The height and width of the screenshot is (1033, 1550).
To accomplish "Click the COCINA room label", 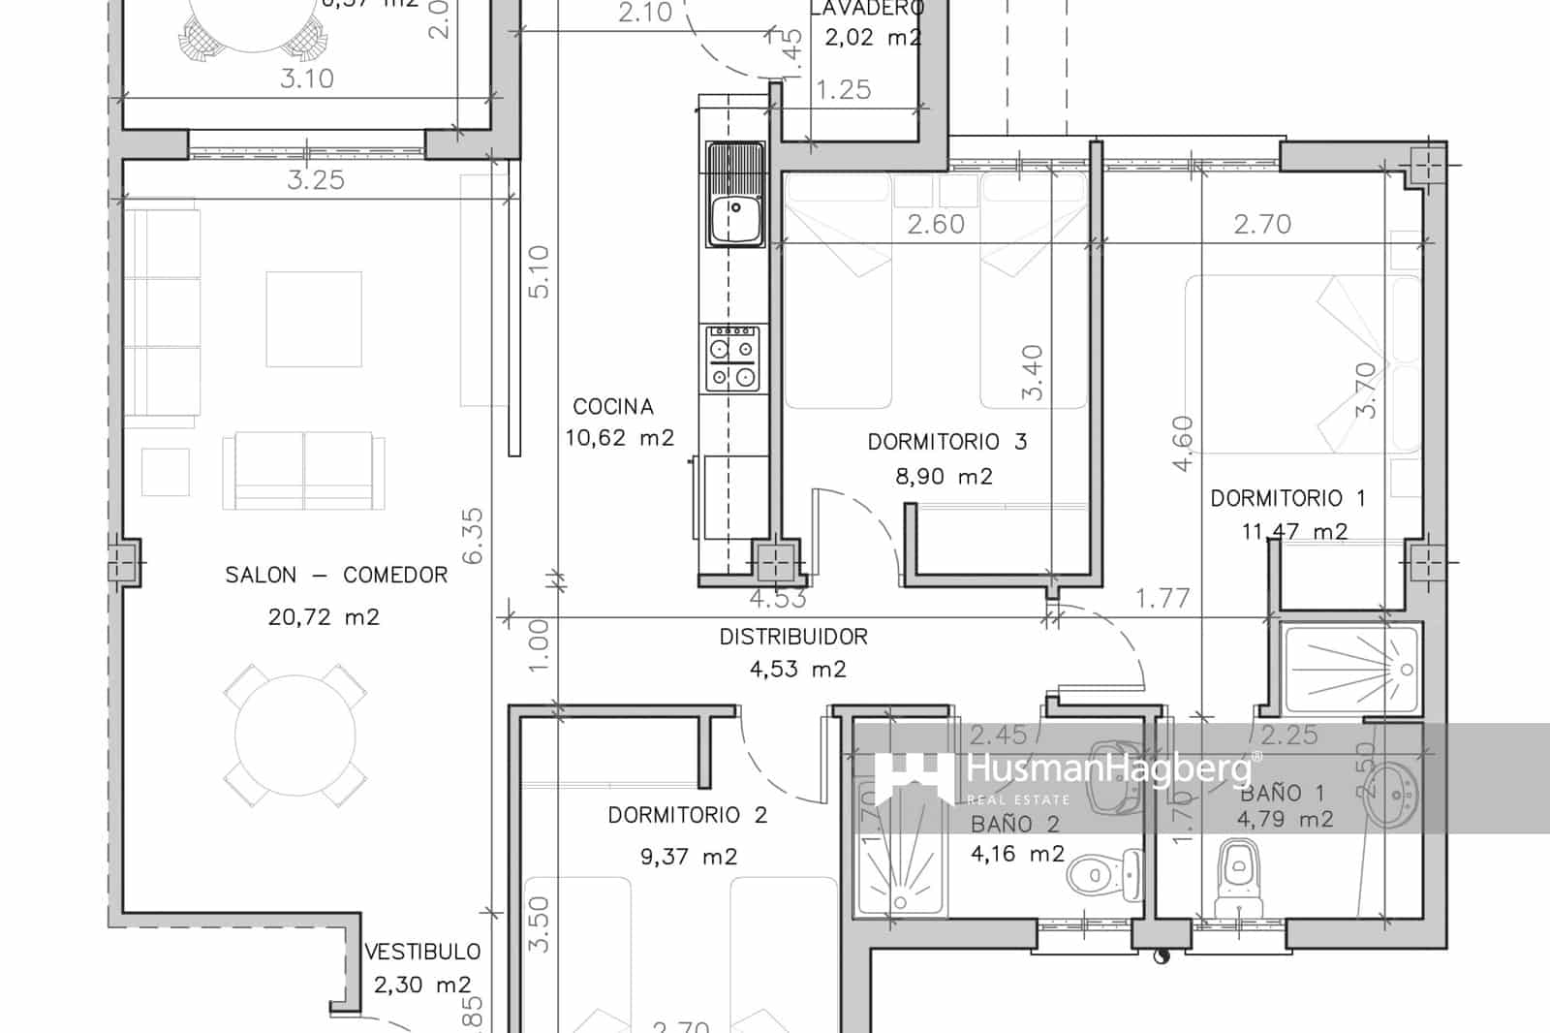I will (x=612, y=407).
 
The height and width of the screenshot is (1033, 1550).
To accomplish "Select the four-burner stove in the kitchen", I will (x=732, y=359).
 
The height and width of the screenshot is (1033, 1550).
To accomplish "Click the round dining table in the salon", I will (x=295, y=735).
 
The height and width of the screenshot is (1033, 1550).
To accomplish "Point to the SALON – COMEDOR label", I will (x=336, y=576).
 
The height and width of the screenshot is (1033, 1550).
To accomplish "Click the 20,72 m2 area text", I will (x=324, y=617).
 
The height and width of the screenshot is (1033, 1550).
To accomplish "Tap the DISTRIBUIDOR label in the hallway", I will (x=793, y=638).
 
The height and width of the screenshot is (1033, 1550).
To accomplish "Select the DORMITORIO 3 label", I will (x=946, y=443).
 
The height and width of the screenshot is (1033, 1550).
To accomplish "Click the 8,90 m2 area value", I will (x=945, y=477).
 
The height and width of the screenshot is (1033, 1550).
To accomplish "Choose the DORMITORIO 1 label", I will (x=1287, y=499).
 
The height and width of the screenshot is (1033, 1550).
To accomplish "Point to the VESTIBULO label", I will (x=422, y=953).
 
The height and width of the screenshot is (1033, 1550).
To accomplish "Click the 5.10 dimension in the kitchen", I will (x=540, y=271).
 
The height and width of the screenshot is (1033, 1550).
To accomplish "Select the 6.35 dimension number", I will (x=473, y=535).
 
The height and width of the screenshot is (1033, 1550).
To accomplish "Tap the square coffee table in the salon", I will (x=314, y=319).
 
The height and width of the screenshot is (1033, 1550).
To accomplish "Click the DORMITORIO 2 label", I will (x=687, y=816).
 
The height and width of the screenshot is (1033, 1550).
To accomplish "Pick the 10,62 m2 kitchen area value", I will (x=619, y=438).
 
